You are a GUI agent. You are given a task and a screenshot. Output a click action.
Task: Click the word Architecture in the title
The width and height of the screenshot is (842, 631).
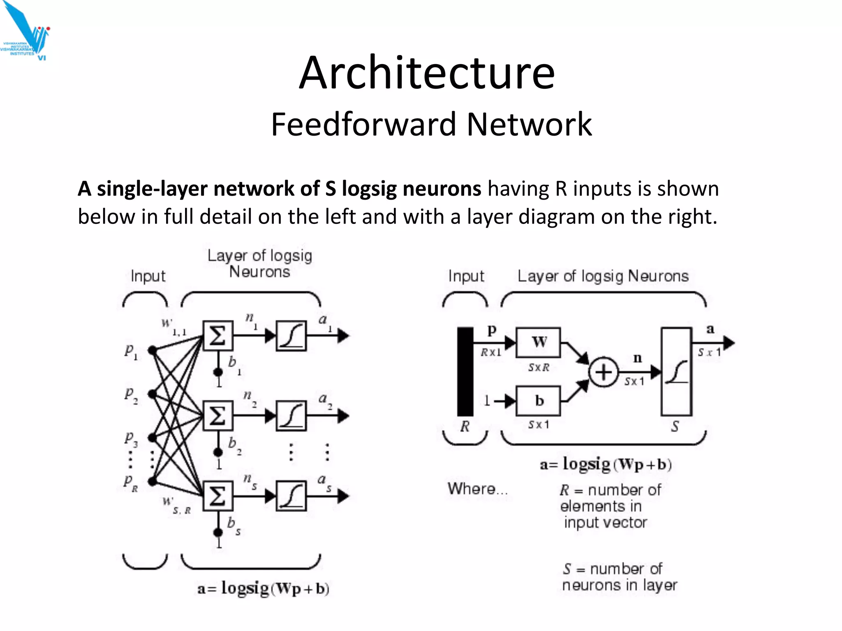click(x=427, y=73)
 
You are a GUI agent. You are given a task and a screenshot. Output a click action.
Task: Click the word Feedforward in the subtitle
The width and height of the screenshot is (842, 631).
click(x=363, y=124)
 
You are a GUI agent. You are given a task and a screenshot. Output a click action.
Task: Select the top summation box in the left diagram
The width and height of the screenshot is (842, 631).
click(x=217, y=336)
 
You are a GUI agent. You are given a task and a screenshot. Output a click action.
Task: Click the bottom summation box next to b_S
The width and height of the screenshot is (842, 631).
click(x=217, y=496)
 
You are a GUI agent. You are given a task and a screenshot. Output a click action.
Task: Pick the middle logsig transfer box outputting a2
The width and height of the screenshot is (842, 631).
click(x=291, y=416)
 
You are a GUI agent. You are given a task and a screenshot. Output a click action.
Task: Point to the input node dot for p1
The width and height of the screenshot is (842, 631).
click(x=153, y=350)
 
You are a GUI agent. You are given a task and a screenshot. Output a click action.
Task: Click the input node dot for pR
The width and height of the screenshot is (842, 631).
click(x=153, y=481)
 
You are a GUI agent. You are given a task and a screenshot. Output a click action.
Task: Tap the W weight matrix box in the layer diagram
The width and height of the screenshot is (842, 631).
click(x=538, y=342)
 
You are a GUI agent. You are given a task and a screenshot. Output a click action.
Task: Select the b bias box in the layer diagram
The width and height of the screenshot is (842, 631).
click(x=538, y=401)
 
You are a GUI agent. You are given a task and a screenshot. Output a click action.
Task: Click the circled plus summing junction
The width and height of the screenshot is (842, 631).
click(x=603, y=372)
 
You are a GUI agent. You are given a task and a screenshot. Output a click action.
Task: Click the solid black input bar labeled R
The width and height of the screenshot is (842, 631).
click(x=465, y=372)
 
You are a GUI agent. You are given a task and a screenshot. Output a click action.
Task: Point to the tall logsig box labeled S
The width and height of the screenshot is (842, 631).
click(x=676, y=372)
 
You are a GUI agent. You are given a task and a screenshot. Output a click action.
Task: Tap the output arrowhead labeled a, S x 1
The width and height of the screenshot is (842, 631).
click(x=728, y=343)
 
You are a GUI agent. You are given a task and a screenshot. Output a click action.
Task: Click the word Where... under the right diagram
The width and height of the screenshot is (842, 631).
click(x=477, y=489)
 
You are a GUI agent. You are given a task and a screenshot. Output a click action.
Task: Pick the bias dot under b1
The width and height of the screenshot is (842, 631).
click(x=218, y=372)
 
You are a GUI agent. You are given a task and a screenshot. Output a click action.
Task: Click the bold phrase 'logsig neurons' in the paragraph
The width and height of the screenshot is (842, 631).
click(x=411, y=189)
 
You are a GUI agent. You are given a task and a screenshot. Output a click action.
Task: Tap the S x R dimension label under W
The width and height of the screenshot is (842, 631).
click(x=539, y=367)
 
